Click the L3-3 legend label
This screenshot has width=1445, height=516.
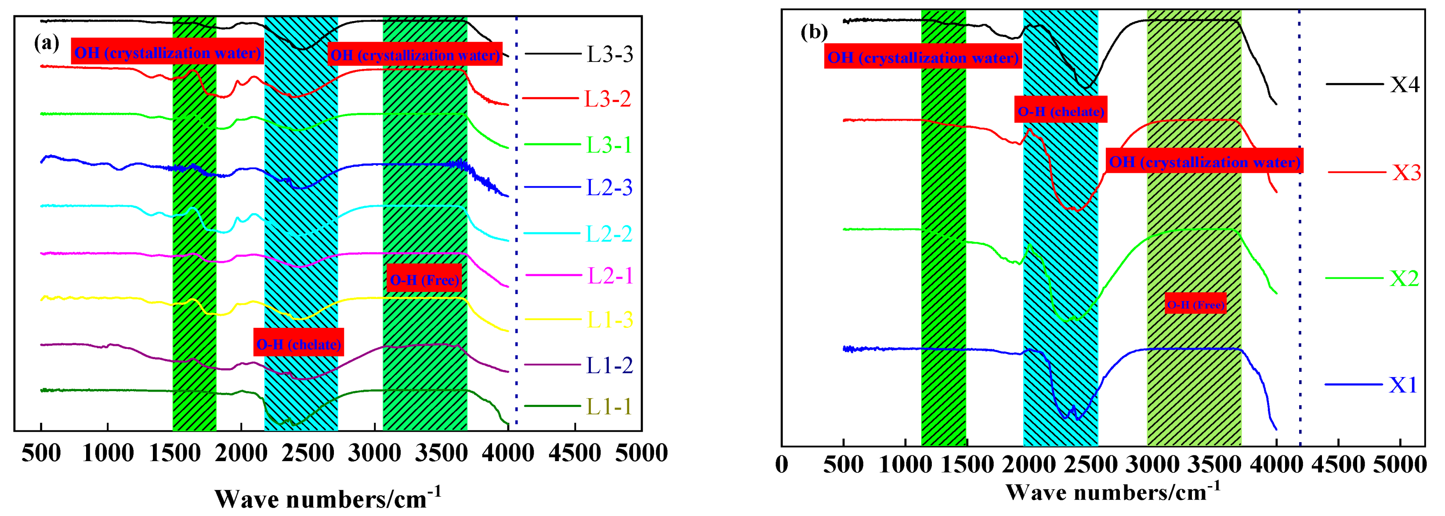click(610, 55)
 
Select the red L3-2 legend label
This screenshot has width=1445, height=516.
click(608, 99)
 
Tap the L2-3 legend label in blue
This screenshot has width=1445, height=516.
click(609, 188)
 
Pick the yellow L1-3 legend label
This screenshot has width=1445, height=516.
click(610, 320)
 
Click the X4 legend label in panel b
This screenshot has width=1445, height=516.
click(1404, 85)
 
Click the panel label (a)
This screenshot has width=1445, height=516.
click(47, 43)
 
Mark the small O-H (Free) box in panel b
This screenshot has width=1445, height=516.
click(1195, 304)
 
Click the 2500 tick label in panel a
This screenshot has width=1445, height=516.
click(308, 453)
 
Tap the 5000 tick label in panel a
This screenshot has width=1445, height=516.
click(641, 453)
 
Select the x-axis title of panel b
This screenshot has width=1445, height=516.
click(1113, 492)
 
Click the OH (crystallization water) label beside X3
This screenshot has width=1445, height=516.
click(1204, 161)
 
